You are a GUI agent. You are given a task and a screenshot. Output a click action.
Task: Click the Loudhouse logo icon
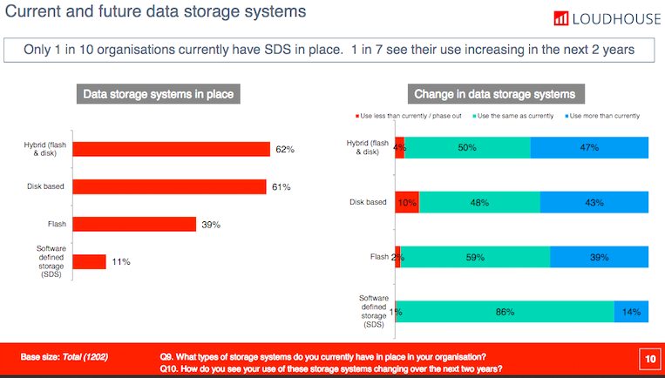pyautogui.click(x=562, y=17)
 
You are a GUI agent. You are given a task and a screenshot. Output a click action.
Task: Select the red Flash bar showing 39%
pyautogui.click(x=134, y=224)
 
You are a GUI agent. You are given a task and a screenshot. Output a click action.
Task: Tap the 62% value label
pyautogui.click(x=285, y=150)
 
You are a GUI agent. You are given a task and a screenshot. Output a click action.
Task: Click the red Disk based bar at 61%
pyautogui.click(x=169, y=186)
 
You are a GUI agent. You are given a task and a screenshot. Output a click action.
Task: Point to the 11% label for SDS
pyautogui.click(x=121, y=261)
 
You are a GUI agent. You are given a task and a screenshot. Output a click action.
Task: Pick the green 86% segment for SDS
pyautogui.click(x=506, y=312)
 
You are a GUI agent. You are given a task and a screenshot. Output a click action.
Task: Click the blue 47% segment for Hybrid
pyautogui.click(x=590, y=148)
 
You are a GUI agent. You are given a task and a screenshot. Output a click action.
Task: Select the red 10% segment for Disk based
pyautogui.click(x=407, y=202)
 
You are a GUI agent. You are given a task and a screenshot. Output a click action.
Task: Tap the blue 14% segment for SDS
pyautogui.click(x=632, y=312)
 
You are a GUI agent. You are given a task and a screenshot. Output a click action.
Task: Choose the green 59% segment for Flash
pyautogui.click(x=476, y=257)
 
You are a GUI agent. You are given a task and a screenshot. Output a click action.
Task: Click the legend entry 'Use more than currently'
pyautogui.click(x=602, y=116)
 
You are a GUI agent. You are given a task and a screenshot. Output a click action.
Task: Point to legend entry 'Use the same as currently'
pyautogui.click(x=514, y=116)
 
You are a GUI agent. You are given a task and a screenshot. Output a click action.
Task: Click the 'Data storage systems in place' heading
pyautogui.click(x=158, y=94)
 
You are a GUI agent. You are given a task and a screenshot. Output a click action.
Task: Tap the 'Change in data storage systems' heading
pyautogui.click(x=497, y=94)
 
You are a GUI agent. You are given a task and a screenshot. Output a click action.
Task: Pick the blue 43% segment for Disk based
pyautogui.click(x=594, y=202)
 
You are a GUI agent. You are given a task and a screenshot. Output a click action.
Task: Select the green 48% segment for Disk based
pyautogui.click(x=480, y=202)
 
